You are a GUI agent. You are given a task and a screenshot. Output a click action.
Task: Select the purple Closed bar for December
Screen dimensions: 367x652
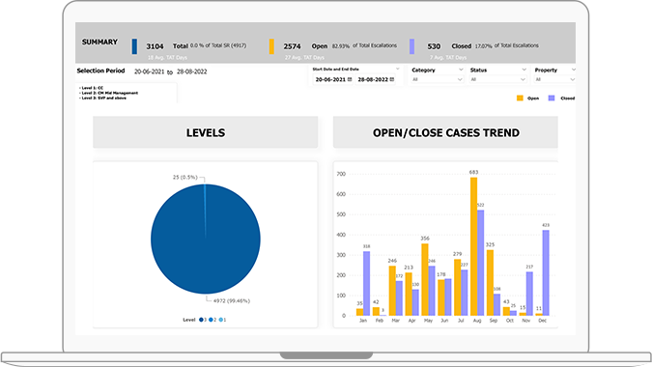[x=546, y=273]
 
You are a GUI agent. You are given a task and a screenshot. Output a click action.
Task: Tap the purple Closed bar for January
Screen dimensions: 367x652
[x=367, y=283]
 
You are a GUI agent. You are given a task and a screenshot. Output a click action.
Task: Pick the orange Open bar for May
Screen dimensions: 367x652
[x=424, y=279]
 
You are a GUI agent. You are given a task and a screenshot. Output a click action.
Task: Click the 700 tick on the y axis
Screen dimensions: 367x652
[x=341, y=175]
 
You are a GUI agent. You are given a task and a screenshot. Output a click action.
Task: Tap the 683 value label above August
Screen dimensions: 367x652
[x=473, y=173]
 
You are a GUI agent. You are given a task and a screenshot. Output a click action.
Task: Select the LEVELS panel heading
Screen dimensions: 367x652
[x=205, y=132]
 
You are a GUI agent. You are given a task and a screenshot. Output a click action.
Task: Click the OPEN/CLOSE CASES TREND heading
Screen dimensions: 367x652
[x=444, y=132]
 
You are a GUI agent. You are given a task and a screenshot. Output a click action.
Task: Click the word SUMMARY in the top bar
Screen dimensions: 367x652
[x=99, y=42]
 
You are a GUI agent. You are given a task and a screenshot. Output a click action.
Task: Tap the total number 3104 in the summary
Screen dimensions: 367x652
[x=155, y=45]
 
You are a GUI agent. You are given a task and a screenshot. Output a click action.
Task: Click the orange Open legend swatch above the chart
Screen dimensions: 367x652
[x=520, y=99]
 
